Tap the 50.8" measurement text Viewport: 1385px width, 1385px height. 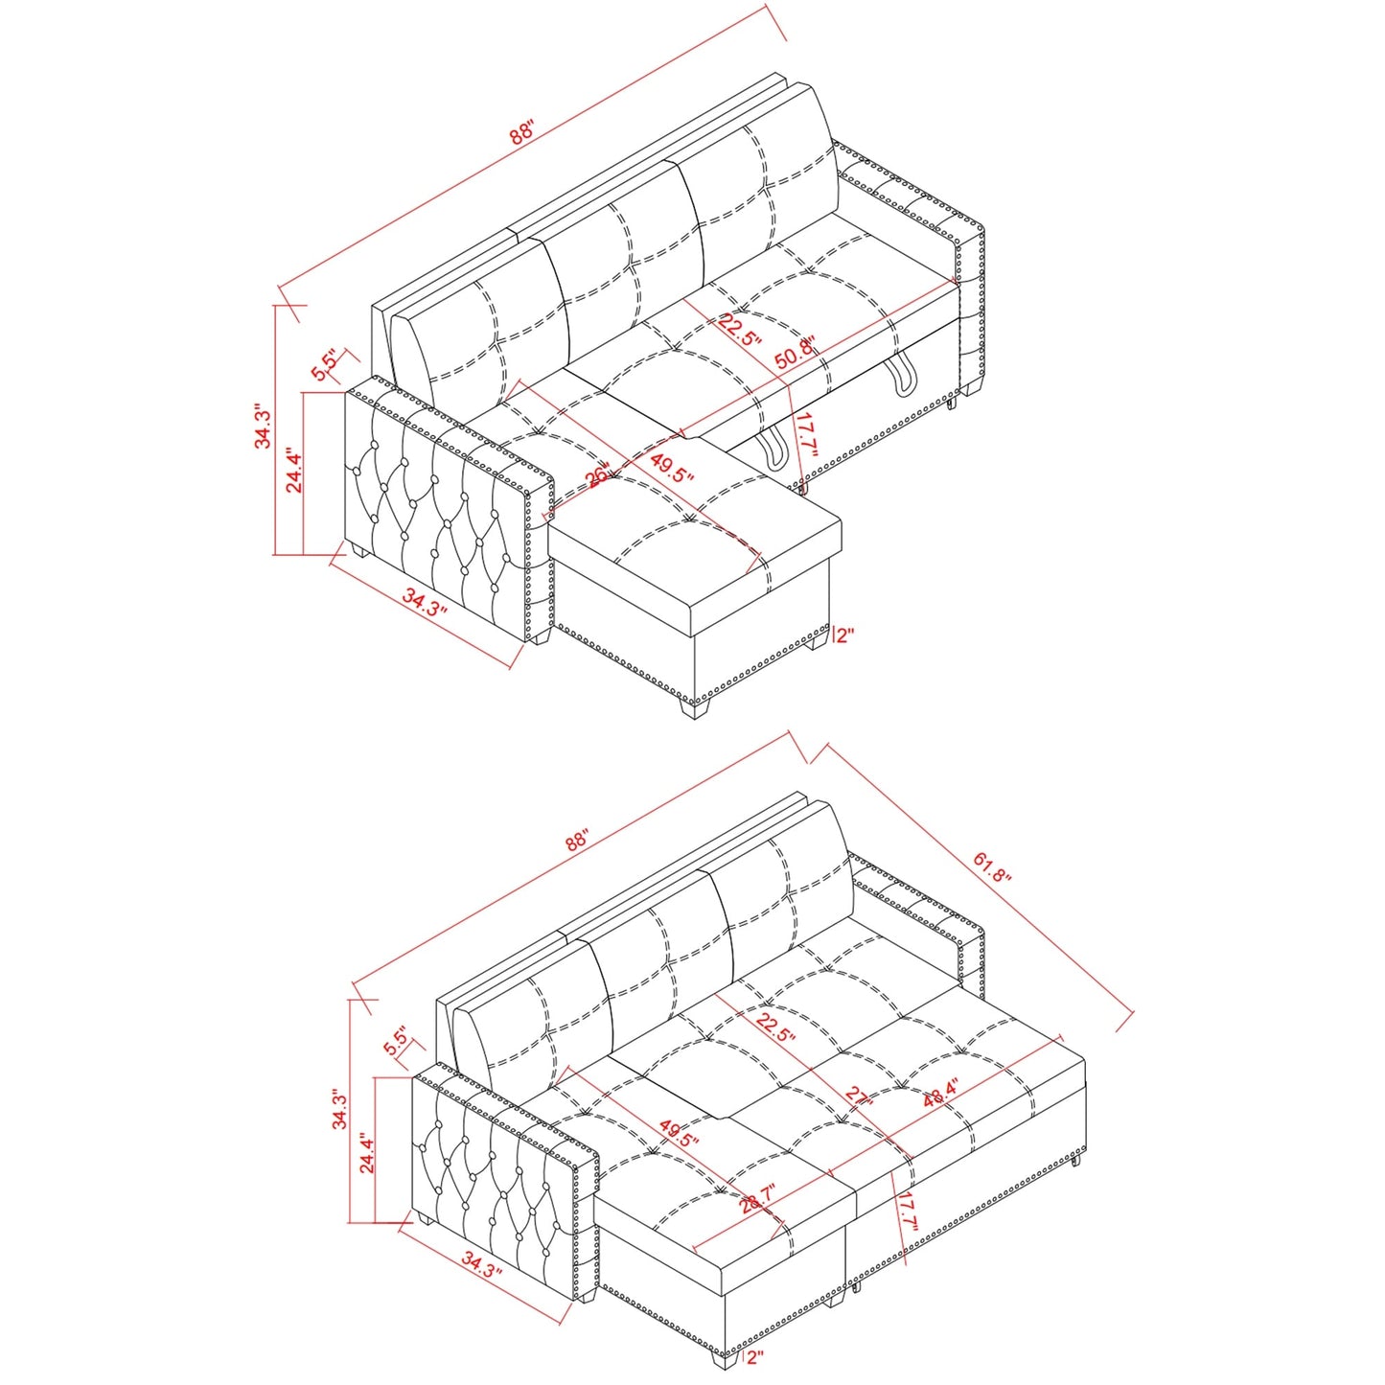795,353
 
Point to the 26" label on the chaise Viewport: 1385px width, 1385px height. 598,475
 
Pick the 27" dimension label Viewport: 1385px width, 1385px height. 859,1097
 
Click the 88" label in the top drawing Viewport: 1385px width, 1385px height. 522,132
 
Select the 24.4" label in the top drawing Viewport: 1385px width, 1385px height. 294,472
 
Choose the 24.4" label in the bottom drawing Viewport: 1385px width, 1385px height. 367,1152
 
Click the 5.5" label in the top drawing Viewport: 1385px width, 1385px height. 325,365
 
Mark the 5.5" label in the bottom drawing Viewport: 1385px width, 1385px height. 396,1042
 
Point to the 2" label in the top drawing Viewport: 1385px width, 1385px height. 844,635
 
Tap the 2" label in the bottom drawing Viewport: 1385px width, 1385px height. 755,1356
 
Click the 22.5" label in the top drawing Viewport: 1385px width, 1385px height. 740,330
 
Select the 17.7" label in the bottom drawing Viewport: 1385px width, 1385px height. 909,1211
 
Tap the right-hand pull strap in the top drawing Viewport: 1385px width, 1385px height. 902,376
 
